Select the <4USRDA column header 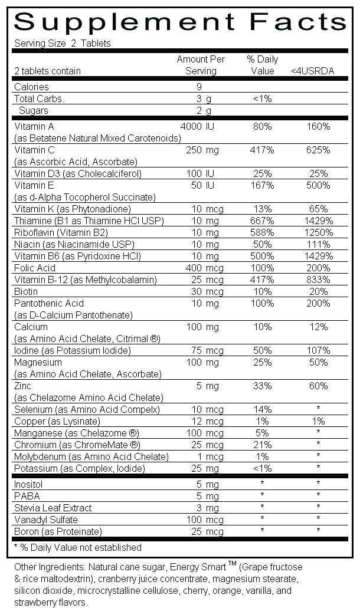point(313,71)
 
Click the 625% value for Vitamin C point(319,150)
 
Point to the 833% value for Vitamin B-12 point(319,280)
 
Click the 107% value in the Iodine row point(319,350)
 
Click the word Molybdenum point(40,456)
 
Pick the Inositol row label point(28,484)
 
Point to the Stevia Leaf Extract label point(53,508)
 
